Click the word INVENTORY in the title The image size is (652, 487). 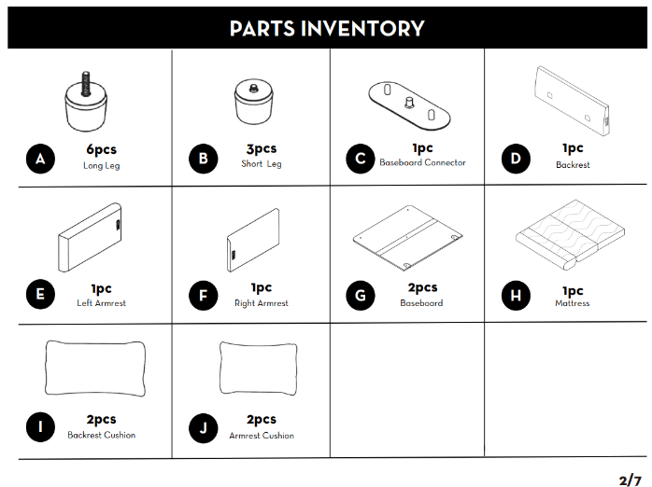point(362,29)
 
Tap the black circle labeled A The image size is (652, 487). point(40,159)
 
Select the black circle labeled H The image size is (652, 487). point(516,296)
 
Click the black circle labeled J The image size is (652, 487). point(203,428)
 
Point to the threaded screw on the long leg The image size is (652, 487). point(86,83)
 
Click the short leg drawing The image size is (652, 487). point(254,102)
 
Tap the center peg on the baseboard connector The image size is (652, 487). point(409,103)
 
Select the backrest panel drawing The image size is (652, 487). point(573,101)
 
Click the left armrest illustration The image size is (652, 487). point(90,238)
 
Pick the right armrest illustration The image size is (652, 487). point(253,240)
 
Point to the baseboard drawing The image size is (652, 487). point(407,238)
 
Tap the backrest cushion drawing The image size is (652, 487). point(95,369)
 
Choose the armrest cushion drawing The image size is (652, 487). point(258,369)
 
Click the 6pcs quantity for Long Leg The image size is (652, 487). point(102,149)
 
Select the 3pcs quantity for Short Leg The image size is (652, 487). point(262,148)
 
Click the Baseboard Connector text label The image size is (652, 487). point(422,162)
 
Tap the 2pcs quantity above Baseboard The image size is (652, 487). point(422,287)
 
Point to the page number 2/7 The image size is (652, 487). point(630,480)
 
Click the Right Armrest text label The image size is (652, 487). point(262,303)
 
